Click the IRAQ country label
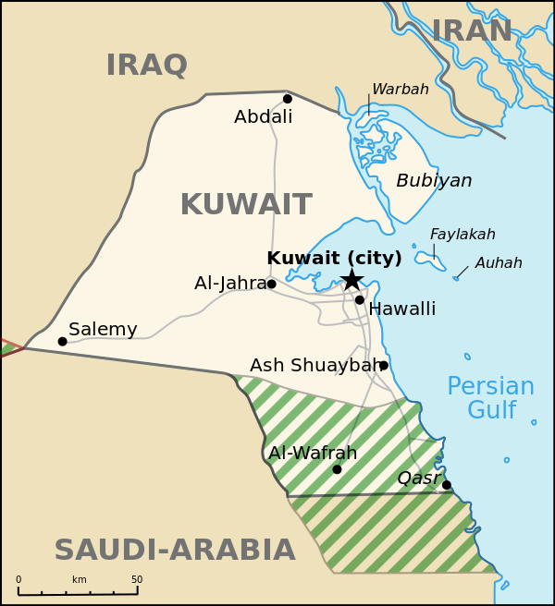point(146,66)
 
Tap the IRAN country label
point(472,31)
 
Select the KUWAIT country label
point(245,204)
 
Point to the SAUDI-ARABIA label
point(174,550)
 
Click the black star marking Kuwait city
point(351,280)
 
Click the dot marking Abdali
point(288,99)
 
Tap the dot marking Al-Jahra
point(271,284)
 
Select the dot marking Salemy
point(62,341)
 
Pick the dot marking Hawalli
point(359,299)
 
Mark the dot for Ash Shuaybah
point(384,365)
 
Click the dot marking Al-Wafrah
point(337,469)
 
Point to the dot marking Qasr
point(446,485)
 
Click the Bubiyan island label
point(434,181)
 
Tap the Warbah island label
point(400,90)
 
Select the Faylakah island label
point(462,235)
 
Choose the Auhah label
point(499,263)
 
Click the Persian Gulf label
point(490,398)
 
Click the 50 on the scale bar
point(137,580)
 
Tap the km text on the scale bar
point(80,580)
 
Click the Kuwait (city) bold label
point(334,259)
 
